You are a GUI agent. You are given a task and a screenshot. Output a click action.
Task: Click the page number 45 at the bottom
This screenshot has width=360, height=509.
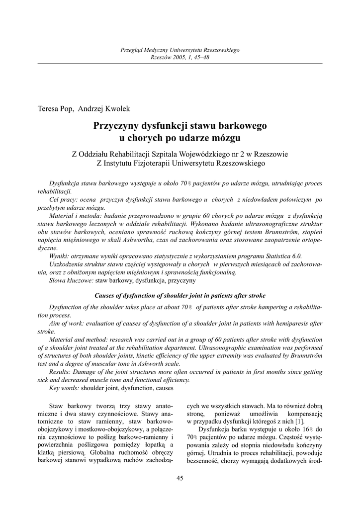point(180,478)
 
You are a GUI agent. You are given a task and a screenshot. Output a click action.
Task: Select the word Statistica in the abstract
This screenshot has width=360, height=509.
point(277,255)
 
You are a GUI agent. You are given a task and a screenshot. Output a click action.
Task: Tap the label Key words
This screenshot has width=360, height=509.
point(64,387)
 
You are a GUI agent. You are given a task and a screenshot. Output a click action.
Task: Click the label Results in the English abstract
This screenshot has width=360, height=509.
point(62,371)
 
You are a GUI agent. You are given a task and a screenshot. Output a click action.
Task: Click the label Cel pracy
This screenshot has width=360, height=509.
point(63,199)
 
